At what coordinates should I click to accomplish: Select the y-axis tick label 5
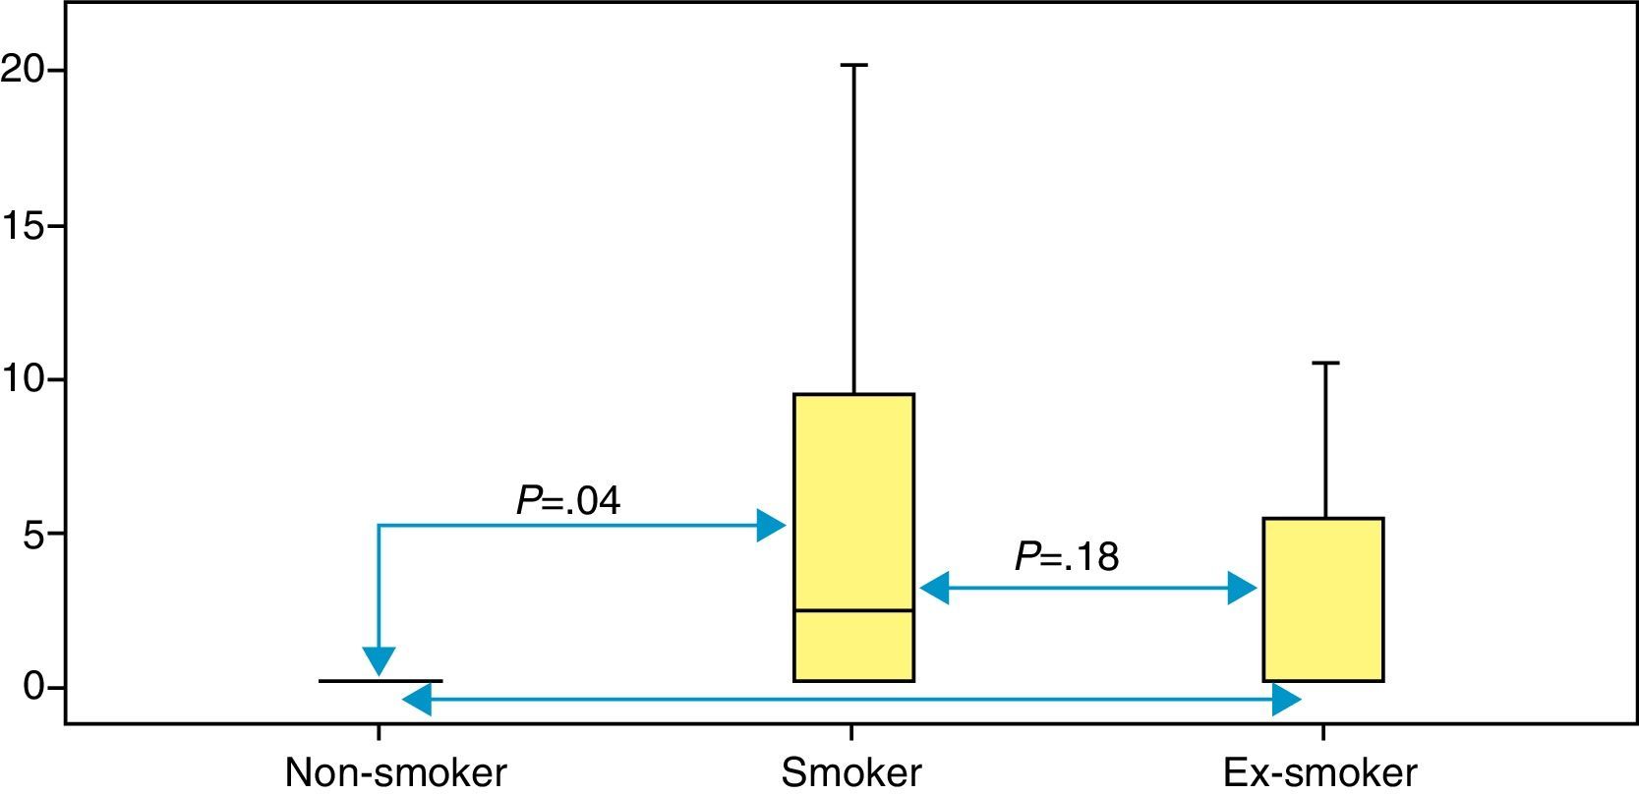click(32, 534)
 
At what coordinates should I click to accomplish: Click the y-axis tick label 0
click(34, 687)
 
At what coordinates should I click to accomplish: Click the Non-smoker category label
click(395, 772)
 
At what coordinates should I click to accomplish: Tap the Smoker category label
click(851, 772)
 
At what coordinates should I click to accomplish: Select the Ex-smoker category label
click(1319, 772)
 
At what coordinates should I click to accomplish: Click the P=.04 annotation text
click(568, 501)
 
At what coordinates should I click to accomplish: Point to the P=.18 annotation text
click(1067, 557)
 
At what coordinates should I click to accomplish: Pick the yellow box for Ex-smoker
click(1323, 599)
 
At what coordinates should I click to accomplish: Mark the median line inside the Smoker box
click(853, 610)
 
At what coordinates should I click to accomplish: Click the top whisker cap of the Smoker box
click(853, 65)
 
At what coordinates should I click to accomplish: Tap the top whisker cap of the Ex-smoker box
click(1325, 364)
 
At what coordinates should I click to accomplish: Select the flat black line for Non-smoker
click(380, 680)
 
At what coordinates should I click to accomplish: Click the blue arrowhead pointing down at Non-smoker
click(379, 662)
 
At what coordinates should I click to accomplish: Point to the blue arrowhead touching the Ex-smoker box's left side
click(1244, 590)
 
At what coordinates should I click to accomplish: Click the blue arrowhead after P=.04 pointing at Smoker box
click(771, 526)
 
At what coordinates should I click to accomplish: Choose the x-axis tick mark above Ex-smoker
click(1323, 732)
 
